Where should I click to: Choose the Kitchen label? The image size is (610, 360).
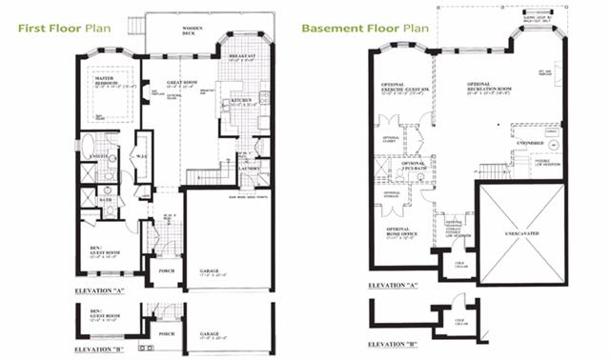click(x=239, y=100)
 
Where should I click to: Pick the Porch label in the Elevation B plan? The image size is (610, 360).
click(x=165, y=334)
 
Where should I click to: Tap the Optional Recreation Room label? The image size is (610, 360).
click(x=484, y=90)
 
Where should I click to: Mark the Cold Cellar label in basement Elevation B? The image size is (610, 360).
click(x=458, y=322)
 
